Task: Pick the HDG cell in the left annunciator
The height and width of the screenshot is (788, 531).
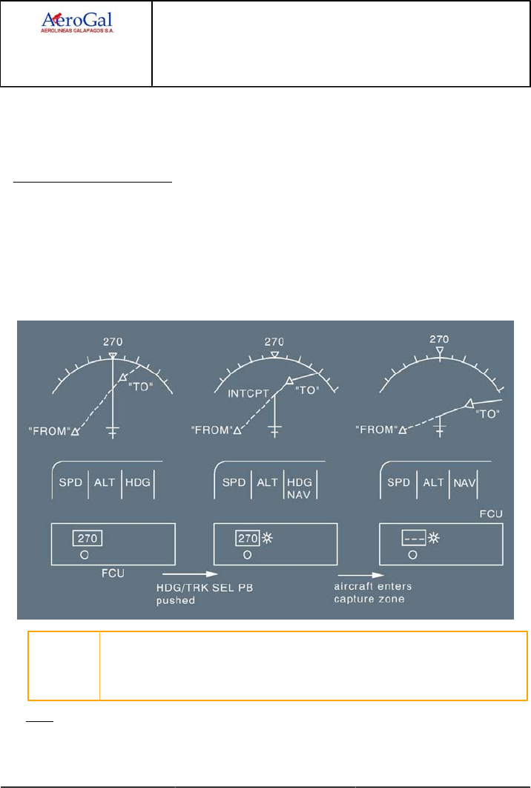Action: point(137,482)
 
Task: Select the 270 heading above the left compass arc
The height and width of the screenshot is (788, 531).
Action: point(113,342)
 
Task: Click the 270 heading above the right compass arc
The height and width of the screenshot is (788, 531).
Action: point(439,338)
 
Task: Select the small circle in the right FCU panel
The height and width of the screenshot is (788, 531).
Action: point(412,554)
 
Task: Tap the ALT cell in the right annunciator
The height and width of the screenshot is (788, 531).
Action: point(433,482)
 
